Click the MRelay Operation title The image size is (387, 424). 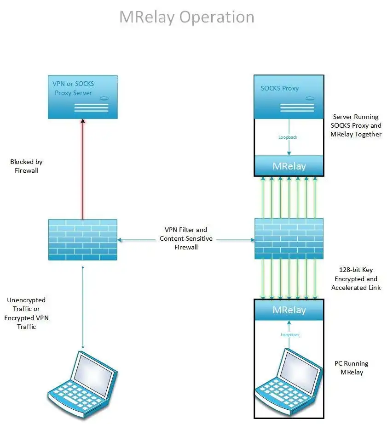click(186, 17)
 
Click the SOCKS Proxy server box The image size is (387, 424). click(289, 96)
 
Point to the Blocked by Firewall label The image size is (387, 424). click(26, 166)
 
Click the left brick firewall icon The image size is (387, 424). click(83, 239)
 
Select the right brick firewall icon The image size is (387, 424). click(289, 239)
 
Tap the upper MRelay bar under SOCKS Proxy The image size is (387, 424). click(289, 165)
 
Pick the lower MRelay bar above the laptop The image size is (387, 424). click(289, 310)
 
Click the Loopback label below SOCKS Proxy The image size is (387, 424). click(289, 137)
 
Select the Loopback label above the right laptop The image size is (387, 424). click(290, 335)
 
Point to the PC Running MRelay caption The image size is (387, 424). click(352, 367)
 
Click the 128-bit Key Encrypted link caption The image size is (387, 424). click(356, 278)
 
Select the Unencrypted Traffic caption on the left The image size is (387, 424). click(26, 313)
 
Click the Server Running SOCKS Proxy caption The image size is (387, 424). click(356, 125)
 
